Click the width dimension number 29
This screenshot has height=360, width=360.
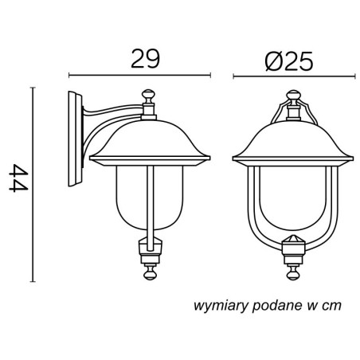(146, 58)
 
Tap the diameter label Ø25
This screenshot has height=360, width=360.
(289, 61)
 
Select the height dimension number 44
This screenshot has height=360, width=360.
(18, 178)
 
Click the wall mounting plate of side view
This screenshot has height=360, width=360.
(76, 139)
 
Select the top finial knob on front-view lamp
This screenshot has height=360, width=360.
(293, 96)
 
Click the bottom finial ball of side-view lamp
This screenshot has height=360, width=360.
(150, 273)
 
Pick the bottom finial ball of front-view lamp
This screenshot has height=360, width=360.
(293, 274)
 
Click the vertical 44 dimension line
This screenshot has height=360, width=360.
(33, 184)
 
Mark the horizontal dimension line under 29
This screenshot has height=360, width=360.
(139, 75)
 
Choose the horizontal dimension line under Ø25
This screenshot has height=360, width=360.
(294, 76)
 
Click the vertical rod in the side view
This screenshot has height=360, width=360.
(150, 208)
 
